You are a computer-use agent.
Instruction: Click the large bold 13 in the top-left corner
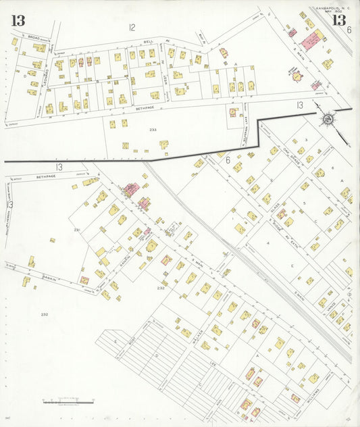pos(18,20)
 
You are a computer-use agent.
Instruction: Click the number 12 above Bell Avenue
pos(132,28)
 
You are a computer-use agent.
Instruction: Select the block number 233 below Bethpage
pos(153,129)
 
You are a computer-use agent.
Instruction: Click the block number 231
pos(77,230)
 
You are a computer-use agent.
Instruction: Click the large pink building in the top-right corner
pos(312,42)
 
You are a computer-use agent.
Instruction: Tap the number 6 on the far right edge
pos(349,30)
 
